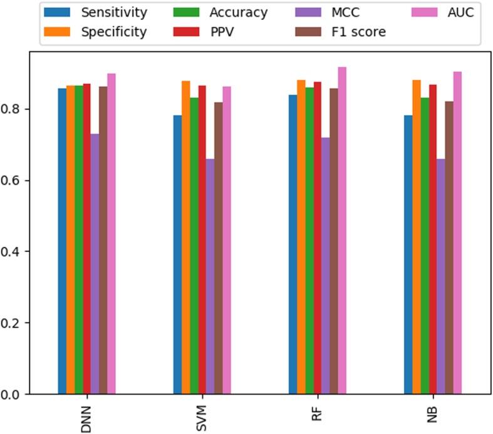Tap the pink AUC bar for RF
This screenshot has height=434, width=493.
(x=341, y=231)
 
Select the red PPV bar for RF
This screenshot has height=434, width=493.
(x=317, y=238)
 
